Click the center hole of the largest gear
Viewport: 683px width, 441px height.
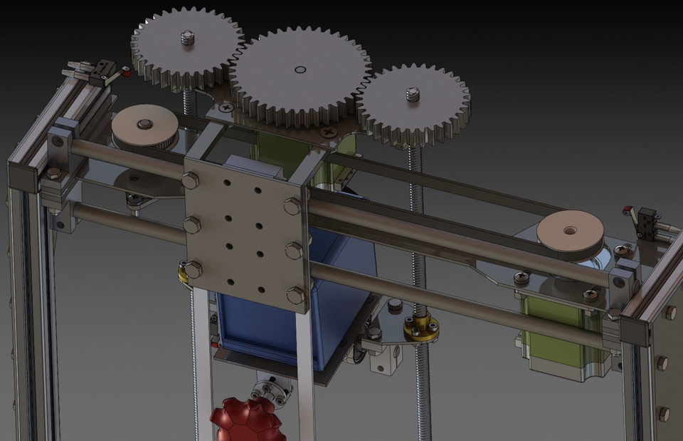(300, 70)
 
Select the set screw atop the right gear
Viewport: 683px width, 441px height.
(411, 95)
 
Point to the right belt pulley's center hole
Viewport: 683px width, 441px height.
(570, 230)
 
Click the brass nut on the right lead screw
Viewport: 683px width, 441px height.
(420, 327)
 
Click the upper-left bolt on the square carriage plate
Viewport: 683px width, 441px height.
(190, 181)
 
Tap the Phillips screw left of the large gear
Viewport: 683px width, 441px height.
(226, 108)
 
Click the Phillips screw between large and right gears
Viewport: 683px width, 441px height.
(328, 133)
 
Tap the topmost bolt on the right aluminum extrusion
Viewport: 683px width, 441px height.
(671, 312)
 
